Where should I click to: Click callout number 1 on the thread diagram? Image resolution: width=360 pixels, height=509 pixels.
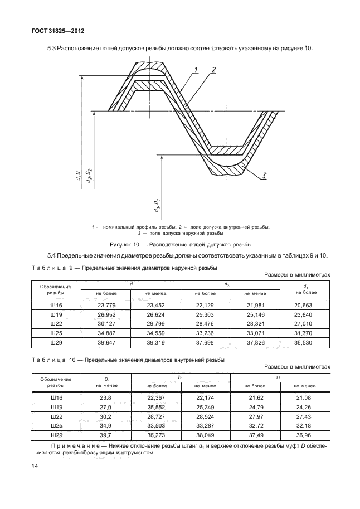click(x=196, y=70)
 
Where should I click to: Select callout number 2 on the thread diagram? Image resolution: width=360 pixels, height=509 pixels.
click(x=213, y=70)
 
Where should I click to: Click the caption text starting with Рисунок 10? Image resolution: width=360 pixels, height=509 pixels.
click(x=180, y=244)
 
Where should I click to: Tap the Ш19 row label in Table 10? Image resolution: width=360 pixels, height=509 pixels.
click(x=55, y=407)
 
